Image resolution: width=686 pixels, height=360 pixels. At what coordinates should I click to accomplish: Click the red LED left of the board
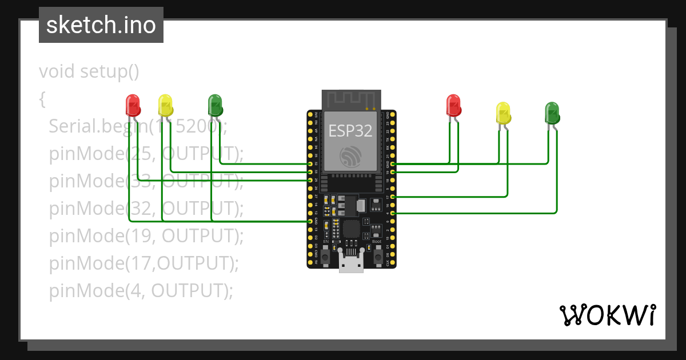point(133,105)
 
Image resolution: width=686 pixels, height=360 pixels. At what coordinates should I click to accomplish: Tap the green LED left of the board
point(215,105)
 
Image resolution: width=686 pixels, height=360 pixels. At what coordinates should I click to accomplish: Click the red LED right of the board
point(453,105)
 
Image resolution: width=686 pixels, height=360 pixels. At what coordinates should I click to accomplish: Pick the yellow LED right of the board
point(503,113)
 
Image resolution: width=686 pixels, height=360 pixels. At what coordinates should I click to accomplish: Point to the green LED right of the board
point(552,113)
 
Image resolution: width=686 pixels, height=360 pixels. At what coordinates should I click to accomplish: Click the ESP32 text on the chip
point(350,131)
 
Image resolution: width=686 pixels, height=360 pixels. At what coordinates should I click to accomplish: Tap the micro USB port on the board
point(351,262)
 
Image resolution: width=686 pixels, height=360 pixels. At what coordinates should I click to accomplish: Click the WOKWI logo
point(607,315)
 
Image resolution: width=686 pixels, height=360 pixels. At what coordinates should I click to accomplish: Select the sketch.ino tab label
point(101,25)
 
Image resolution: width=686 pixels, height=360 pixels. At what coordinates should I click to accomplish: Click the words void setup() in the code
point(89,72)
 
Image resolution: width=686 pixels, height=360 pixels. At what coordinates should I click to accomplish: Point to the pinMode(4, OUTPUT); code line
point(141,291)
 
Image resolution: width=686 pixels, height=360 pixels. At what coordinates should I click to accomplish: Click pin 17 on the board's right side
point(392,197)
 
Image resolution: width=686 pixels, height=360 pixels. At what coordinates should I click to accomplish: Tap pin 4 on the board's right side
point(392,213)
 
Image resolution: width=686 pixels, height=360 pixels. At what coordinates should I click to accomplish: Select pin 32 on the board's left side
point(310,164)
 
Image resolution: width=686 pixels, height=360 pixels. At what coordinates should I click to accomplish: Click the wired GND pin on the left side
point(310,221)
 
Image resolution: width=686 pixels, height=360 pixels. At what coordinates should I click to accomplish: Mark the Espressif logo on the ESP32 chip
point(350,156)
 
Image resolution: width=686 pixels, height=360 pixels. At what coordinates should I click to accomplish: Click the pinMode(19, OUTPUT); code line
point(146,235)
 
